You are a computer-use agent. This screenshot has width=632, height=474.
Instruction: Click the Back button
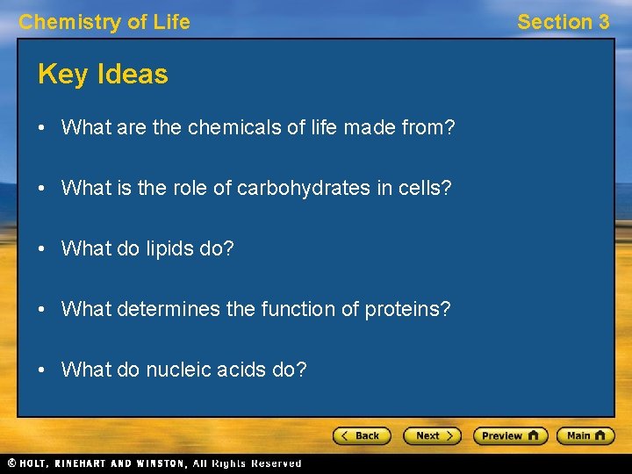[x=361, y=435]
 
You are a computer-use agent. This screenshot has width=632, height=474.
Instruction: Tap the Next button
[x=431, y=435]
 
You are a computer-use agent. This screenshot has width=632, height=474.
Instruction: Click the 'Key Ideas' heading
[x=103, y=75]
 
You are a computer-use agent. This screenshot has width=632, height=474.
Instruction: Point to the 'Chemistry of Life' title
[x=104, y=22]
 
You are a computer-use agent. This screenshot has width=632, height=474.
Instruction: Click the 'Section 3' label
[x=563, y=22]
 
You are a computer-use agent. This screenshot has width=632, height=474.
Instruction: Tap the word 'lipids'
[x=168, y=249]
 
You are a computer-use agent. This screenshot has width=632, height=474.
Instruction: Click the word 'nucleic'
[x=181, y=370]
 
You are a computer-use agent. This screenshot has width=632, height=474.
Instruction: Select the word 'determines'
[x=166, y=310]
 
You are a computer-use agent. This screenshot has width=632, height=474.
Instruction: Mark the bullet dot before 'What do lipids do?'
[x=42, y=249]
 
